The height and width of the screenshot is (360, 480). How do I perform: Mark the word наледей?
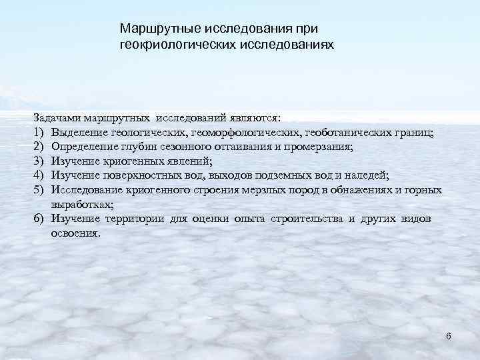click(365, 175)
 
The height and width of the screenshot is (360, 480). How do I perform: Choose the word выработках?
click(82, 204)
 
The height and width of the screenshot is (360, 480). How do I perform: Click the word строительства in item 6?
click(308, 219)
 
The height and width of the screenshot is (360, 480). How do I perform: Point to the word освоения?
click(76, 233)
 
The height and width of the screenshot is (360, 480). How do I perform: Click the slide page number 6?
click(449, 336)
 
